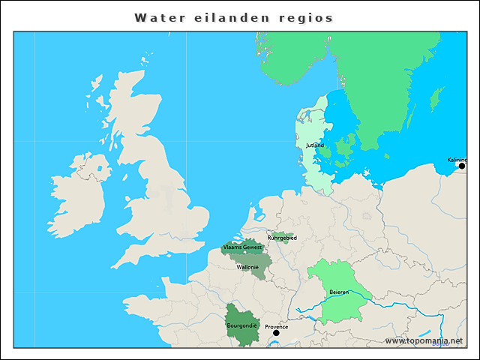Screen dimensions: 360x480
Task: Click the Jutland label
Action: click(315, 145)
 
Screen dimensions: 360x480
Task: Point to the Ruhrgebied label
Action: click(282, 238)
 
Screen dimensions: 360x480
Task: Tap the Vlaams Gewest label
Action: click(242, 247)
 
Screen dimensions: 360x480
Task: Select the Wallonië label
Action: click(247, 266)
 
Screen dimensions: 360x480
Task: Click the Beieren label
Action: click(340, 292)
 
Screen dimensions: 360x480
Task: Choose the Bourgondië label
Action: click(242, 325)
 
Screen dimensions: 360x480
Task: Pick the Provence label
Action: click(276, 326)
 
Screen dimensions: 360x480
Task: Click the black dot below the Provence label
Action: click(276, 333)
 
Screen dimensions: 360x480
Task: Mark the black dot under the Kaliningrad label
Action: click(462, 166)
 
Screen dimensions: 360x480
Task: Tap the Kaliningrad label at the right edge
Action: click(457, 160)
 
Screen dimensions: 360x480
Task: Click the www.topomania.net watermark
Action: click(424, 340)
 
